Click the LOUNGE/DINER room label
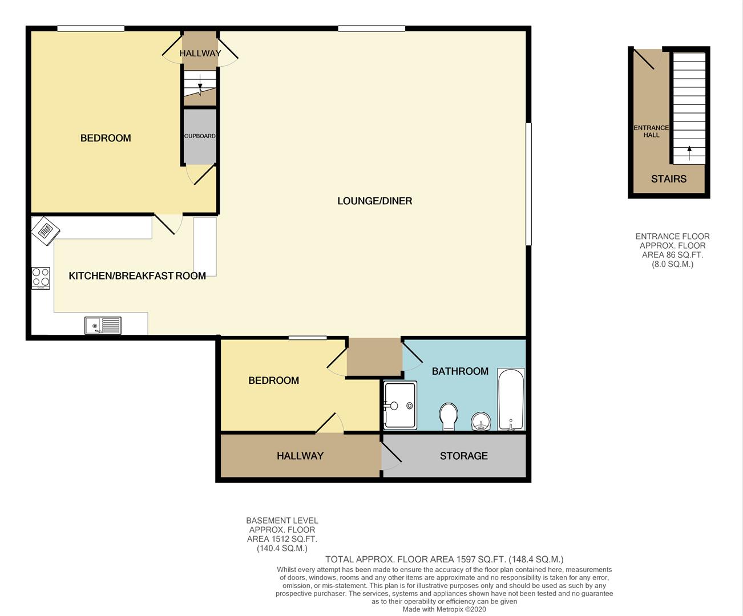(x=374, y=201)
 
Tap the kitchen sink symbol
(x=103, y=326)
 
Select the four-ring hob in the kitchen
(x=41, y=278)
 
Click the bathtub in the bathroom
(x=511, y=399)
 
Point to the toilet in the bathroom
(x=449, y=416)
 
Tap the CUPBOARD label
(x=200, y=136)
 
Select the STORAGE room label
(x=463, y=456)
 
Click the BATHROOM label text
(x=460, y=371)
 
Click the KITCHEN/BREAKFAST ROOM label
(x=137, y=276)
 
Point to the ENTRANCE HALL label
(x=651, y=131)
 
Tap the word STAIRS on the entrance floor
(x=669, y=179)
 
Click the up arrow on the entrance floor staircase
(x=689, y=152)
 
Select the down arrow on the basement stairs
(x=200, y=86)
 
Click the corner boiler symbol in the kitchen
(x=45, y=230)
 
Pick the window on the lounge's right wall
(x=528, y=184)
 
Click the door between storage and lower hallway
(x=390, y=457)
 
